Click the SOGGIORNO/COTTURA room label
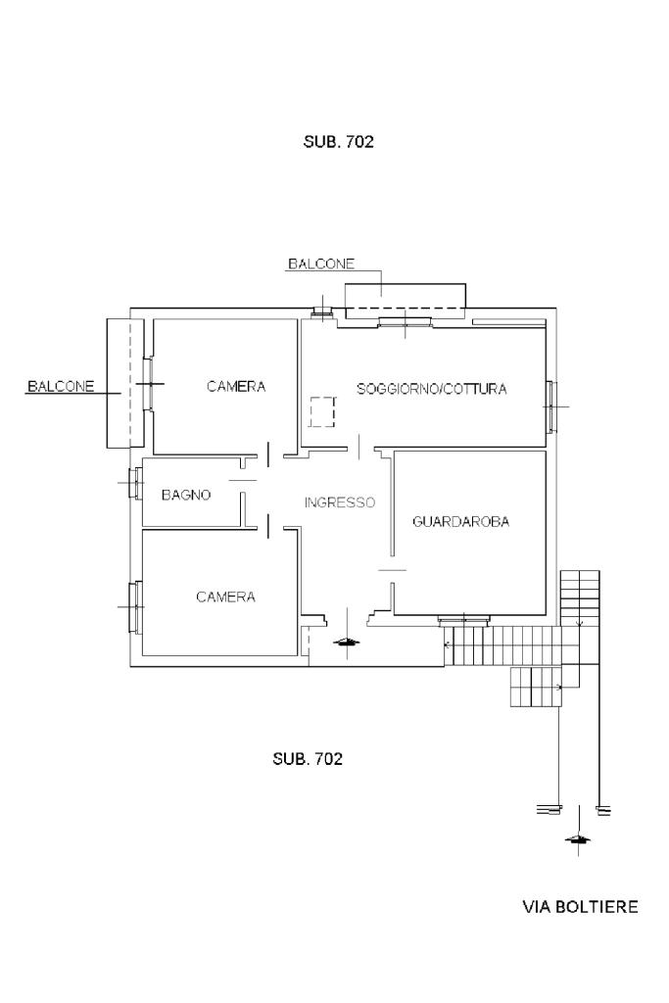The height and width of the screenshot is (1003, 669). coord(432,389)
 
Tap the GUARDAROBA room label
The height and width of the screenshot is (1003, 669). coord(461,522)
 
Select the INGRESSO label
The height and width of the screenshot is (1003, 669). coord(339,502)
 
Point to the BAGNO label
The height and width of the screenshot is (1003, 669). coord(186,496)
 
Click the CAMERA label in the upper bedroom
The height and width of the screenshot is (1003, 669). coord(236,387)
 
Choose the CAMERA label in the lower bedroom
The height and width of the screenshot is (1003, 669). coord(226,597)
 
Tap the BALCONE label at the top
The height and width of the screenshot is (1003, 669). coord(320,263)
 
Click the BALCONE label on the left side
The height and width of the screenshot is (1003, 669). coord(61,386)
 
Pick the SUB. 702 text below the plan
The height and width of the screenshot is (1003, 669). coord(308,759)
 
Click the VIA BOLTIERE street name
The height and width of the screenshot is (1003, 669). coord(580,907)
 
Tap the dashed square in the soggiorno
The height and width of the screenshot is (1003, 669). coord(322,412)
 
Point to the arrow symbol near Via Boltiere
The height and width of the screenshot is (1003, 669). coord(578,839)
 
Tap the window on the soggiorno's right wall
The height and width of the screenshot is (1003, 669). coord(551,406)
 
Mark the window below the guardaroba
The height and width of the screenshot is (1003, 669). coord(463,620)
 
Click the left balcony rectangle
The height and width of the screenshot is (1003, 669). coord(121,383)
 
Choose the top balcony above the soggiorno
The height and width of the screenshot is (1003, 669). coord(405,298)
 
